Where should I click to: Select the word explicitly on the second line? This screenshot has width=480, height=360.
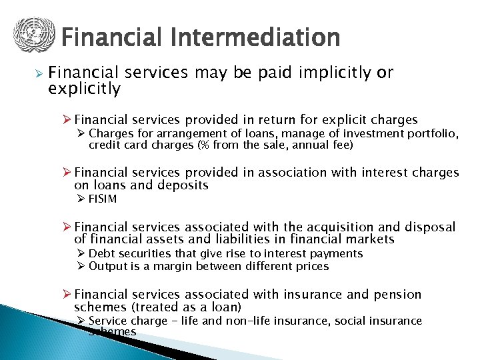(84, 89)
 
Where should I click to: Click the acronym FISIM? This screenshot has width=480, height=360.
(103, 199)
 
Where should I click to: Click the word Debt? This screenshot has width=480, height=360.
(101, 253)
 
